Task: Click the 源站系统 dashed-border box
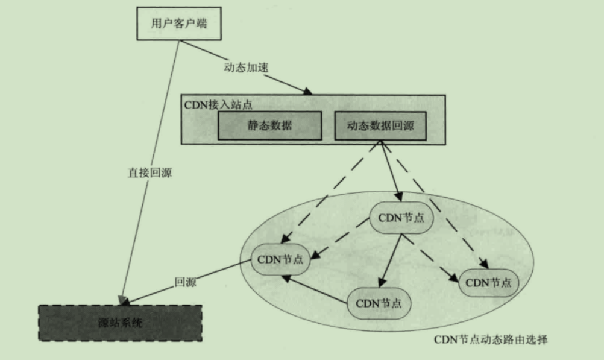120,323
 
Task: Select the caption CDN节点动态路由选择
491,339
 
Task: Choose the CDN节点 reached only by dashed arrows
488,282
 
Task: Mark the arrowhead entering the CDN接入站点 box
308,92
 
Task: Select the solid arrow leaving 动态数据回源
390,172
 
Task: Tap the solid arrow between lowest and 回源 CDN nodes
316,290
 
